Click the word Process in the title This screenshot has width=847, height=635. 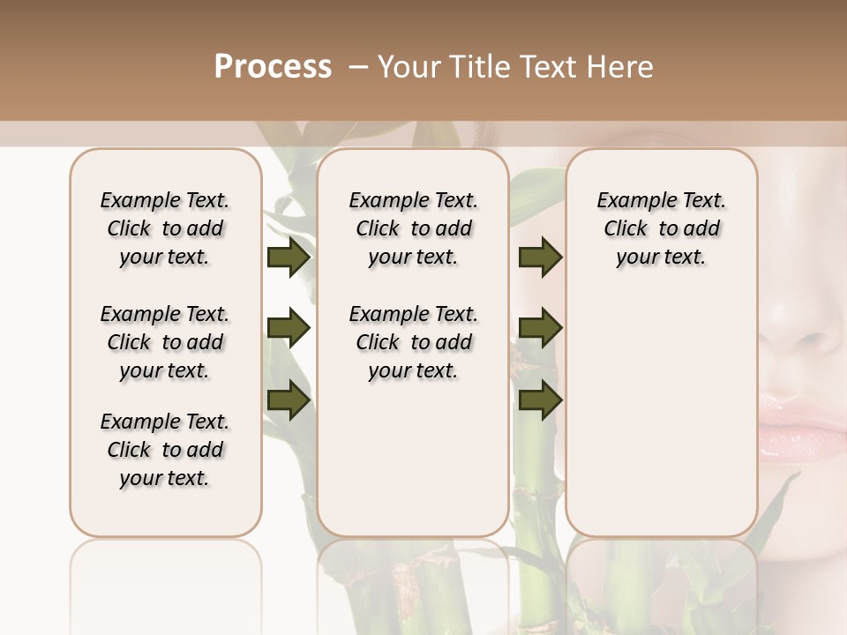coord(273,67)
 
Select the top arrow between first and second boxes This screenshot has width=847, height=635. coord(289,258)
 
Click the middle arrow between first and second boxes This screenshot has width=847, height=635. coord(289,329)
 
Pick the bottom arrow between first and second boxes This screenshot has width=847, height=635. coord(289,400)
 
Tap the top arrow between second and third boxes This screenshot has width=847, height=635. coord(540,258)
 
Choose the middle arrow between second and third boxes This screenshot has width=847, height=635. coord(540,329)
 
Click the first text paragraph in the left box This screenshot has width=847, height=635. coord(165,228)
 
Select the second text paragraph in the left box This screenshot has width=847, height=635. coord(165,342)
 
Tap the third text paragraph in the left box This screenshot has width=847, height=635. coord(165,450)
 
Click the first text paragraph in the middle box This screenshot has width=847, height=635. coord(414,228)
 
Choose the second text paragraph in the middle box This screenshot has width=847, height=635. coord(414,342)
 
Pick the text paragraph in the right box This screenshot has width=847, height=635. coord(662,228)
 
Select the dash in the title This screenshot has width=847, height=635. coord(357,67)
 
